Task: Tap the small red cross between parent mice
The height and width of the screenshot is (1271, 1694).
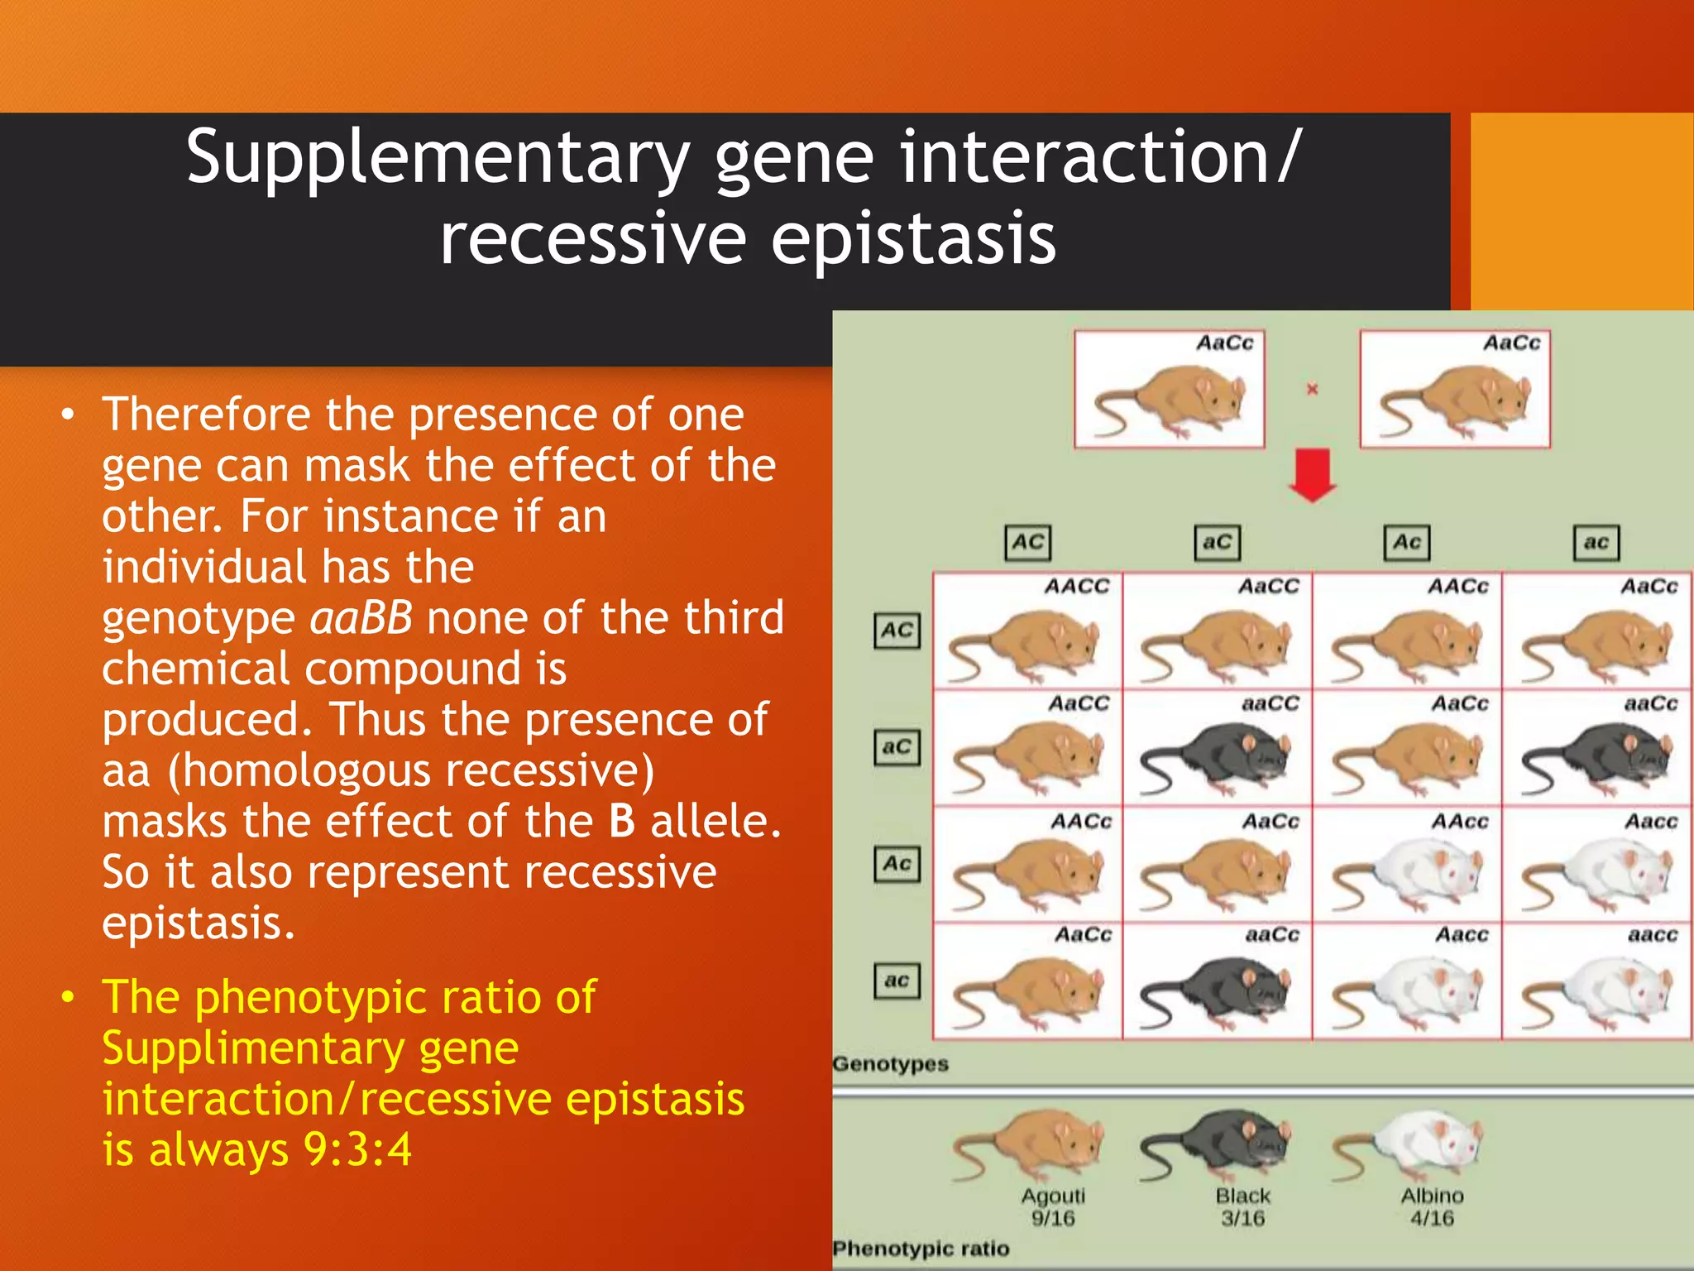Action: tap(1312, 389)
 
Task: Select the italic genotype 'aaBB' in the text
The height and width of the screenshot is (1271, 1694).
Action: tap(361, 618)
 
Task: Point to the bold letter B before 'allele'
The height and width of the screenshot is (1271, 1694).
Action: tap(622, 822)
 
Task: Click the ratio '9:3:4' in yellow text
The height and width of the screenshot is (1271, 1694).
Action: tap(357, 1149)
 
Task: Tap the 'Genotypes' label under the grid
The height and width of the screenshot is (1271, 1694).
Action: tap(890, 1063)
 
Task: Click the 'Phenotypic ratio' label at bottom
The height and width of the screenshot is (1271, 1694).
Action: tap(921, 1248)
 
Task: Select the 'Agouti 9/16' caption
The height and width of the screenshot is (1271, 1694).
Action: tap(1053, 1206)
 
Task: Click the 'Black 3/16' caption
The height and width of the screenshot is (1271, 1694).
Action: tap(1242, 1206)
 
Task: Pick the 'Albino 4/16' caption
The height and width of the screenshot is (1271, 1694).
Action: tap(1432, 1206)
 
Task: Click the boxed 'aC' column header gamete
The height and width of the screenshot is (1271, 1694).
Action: tap(1217, 543)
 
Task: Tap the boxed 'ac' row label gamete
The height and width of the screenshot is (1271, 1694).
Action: tap(897, 981)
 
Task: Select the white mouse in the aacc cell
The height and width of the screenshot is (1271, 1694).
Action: tap(1596, 993)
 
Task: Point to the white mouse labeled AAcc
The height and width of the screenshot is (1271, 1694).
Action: tap(1406, 875)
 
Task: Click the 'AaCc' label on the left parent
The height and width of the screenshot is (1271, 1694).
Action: tap(1224, 343)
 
